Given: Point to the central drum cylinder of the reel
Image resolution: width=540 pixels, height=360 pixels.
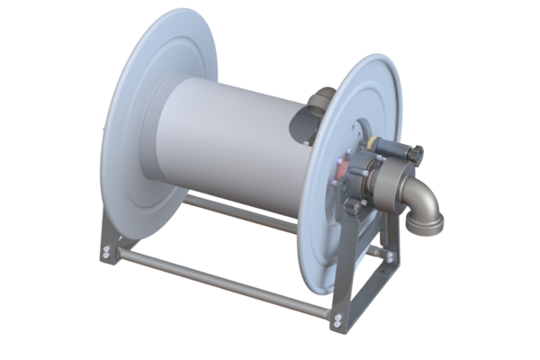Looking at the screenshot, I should pyautogui.click(x=229, y=135).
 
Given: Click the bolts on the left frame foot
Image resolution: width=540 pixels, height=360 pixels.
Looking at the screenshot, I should pyautogui.click(x=109, y=251).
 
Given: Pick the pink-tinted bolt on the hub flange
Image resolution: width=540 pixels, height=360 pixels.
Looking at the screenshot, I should pyautogui.click(x=340, y=164).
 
